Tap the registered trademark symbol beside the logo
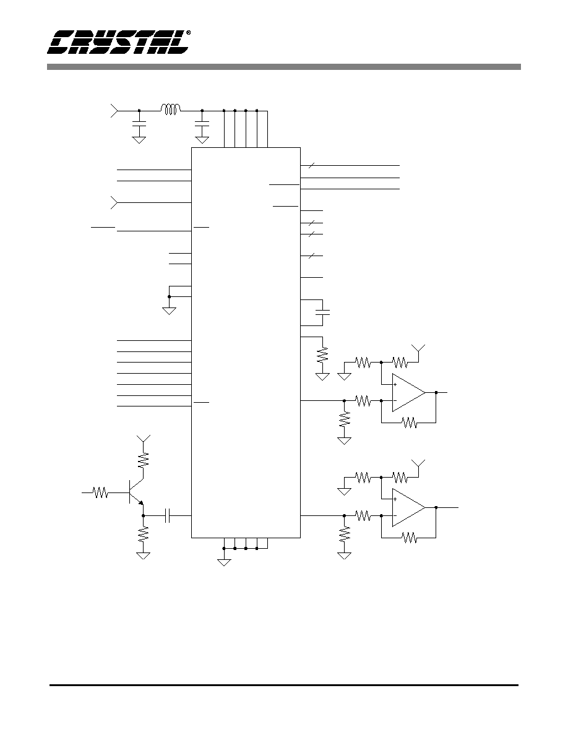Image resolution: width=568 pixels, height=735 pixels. point(188,33)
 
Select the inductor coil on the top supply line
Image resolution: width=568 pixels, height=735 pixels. point(171,109)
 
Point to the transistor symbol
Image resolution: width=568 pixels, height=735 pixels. point(136,492)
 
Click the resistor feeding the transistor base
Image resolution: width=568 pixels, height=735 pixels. point(100,492)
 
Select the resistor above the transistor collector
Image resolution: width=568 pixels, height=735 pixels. point(143,459)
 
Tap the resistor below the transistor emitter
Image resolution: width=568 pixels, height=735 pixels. point(143,534)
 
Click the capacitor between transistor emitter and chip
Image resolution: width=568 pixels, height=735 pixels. point(168,515)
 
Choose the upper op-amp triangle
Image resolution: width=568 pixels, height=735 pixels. point(408,393)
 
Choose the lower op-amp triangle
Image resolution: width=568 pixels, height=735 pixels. point(408,508)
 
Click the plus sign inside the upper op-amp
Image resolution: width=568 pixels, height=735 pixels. point(395,385)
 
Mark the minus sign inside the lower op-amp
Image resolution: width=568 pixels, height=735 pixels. point(395,515)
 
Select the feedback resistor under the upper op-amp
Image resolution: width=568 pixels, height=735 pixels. point(410,423)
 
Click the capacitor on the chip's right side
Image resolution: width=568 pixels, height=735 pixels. point(323,312)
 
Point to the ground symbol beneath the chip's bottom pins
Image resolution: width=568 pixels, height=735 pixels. point(225,562)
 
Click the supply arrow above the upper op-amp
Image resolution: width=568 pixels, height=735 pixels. point(418,348)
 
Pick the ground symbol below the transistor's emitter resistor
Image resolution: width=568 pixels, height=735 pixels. point(143,556)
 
